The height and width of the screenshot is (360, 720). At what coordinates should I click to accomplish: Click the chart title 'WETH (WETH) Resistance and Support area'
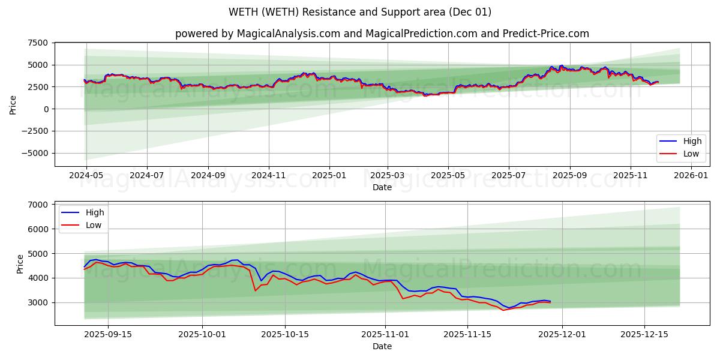tap(359, 12)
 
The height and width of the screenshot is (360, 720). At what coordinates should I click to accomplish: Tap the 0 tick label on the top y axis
tap(46, 109)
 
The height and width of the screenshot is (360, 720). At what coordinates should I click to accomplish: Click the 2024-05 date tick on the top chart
tap(86, 176)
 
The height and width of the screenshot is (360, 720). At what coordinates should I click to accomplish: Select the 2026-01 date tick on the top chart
tap(692, 176)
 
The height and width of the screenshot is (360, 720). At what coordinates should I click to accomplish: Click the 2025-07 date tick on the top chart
tap(509, 176)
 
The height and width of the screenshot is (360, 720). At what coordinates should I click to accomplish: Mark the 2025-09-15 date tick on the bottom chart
tap(108, 335)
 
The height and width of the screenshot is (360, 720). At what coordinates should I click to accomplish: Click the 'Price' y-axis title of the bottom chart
tap(20, 263)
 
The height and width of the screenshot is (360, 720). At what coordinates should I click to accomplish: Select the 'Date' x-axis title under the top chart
tap(382, 187)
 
